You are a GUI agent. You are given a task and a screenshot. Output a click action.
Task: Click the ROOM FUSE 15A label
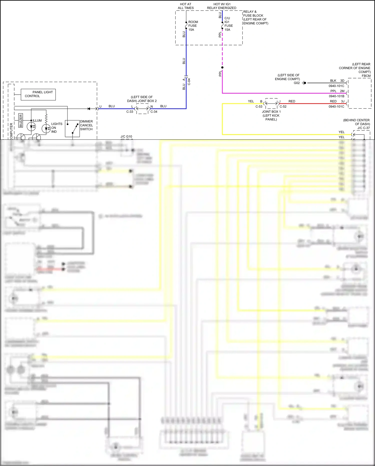click(193, 26)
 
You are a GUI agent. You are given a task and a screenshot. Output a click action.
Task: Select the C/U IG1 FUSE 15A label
click(228, 24)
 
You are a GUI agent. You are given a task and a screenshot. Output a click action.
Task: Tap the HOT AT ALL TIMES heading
click(186, 6)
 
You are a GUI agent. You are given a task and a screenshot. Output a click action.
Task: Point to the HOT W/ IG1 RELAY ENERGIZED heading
click(221, 6)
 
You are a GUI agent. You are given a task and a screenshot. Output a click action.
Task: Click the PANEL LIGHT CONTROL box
click(38, 94)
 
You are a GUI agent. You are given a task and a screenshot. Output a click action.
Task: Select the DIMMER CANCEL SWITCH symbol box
click(72, 128)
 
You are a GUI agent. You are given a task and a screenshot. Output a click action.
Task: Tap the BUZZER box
click(21, 120)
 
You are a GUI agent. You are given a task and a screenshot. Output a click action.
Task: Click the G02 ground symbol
click(304, 83)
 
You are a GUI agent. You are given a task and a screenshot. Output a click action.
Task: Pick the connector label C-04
click(189, 82)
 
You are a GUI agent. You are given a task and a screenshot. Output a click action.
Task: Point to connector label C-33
click(130, 112)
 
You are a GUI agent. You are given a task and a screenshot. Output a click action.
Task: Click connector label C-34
click(154, 112)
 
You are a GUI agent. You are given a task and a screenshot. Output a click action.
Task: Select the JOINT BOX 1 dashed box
click(271, 103)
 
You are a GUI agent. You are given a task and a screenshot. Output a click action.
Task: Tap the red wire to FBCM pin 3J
click(313, 103)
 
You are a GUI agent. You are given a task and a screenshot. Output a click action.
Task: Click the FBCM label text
click(366, 76)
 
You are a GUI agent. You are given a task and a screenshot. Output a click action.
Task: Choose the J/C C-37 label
click(363, 128)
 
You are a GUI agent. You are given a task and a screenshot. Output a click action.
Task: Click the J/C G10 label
click(126, 136)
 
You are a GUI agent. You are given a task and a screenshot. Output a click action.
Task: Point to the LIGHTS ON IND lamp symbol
click(46, 128)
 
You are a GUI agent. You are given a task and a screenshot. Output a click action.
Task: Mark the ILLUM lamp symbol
click(31, 126)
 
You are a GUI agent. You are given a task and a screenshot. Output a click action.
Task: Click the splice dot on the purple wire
click(222, 67)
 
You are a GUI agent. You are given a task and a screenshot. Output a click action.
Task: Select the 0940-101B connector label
click(336, 96)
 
